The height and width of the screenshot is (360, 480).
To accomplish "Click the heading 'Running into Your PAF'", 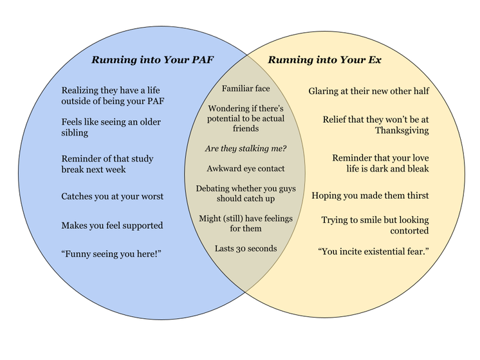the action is pos(152,60).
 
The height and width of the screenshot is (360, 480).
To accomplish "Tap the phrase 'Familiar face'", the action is pos(246,88).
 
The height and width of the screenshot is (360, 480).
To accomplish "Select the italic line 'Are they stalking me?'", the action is pos(246,148).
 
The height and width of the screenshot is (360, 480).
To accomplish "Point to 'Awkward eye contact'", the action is pos(246,168).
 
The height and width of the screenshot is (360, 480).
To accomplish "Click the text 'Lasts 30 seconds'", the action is pos(246,248).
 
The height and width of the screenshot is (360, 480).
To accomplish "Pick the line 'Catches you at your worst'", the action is pos(113,196).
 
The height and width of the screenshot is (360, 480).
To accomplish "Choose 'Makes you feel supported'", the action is pos(112,225).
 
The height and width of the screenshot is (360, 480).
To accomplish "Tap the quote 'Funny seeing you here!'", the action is pos(111,254).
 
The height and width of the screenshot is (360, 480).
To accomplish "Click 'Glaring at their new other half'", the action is pos(369,91).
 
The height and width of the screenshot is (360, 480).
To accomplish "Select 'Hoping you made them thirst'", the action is pos(370,195).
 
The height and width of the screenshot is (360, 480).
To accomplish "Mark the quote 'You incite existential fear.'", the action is pos(373,250).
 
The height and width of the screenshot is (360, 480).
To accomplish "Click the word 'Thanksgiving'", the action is pos(402,130).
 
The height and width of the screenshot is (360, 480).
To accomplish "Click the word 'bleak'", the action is pos(416,169).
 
